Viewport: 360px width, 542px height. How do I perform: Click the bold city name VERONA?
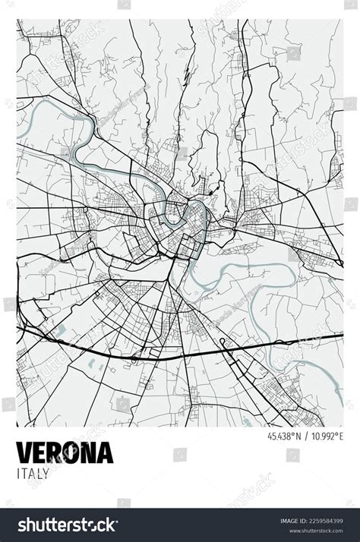[x=65, y=452]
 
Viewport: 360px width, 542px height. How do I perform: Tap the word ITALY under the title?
[x=33, y=474]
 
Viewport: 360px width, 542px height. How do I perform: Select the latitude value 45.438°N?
[x=283, y=437]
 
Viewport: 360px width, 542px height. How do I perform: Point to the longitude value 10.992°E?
[x=326, y=437]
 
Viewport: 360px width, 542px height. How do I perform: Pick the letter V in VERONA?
[x=24, y=452]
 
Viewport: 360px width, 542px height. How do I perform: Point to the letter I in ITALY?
[x=17, y=474]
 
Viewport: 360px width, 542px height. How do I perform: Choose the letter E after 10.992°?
[x=340, y=437]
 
